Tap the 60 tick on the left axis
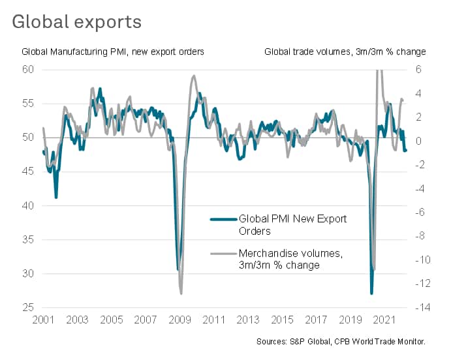coord(27,69)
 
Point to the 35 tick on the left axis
coord(27,239)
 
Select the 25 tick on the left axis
coord(27,308)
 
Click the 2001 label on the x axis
coord(43,321)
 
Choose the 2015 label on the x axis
coord(281,321)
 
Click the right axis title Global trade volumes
coord(345,52)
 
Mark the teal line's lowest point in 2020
coord(371,293)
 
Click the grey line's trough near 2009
coord(181,293)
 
